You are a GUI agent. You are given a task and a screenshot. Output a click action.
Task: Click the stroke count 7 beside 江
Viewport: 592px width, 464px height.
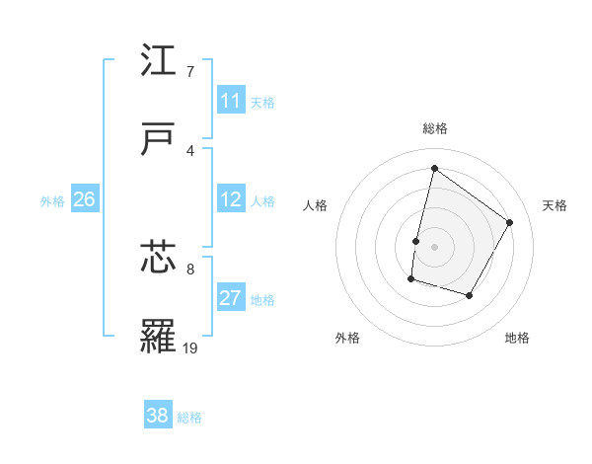click(x=190, y=72)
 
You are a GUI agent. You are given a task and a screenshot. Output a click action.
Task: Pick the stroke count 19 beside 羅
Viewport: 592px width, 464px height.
click(x=190, y=348)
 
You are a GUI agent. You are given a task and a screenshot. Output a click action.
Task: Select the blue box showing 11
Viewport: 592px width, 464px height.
click(x=231, y=101)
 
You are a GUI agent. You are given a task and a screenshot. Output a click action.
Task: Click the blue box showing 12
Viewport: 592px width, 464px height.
click(x=231, y=199)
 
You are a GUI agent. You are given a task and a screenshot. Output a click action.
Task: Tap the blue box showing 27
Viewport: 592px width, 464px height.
click(x=231, y=298)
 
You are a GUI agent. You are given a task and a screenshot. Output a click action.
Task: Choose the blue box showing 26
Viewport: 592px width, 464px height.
click(x=84, y=199)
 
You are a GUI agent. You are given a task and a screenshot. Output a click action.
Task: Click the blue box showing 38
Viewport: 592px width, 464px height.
click(x=158, y=416)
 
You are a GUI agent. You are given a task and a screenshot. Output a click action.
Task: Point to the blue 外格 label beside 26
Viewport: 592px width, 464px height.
click(x=52, y=201)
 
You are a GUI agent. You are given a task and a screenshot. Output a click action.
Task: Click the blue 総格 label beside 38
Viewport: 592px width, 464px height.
click(x=189, y=418)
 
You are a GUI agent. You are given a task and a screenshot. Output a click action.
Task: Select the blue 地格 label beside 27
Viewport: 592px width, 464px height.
click(x=262, y=300)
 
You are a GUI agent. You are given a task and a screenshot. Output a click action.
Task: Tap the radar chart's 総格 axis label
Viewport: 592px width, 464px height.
click(x=435, y=128)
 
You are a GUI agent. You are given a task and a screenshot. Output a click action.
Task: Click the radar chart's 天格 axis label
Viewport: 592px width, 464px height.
click(x=555, y=205)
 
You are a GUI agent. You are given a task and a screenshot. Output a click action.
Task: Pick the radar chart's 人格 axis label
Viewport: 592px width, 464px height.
click(x=316, y=205)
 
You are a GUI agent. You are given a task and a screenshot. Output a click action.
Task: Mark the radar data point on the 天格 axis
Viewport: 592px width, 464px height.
click(x=510, y=222)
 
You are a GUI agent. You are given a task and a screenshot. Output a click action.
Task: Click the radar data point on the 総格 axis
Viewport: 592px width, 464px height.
click(x=434, y=168)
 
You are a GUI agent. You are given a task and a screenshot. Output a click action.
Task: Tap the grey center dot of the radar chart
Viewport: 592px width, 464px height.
click(x=435, y=246)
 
